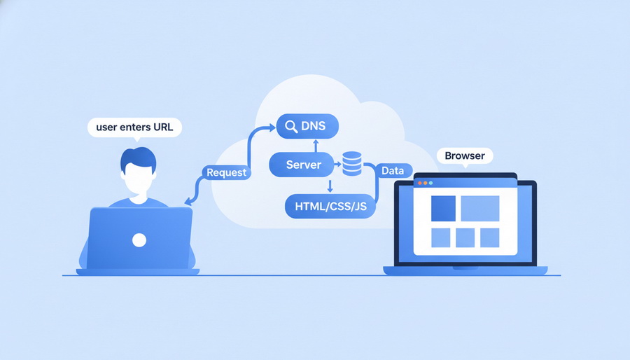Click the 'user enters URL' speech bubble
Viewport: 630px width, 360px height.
tap(134, 127)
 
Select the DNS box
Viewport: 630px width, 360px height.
tap(307, 127)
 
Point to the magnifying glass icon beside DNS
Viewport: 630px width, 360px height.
tap(289, 127)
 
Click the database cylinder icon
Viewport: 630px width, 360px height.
tap(351, 165)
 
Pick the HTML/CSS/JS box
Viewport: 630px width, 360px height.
tap(331, 206)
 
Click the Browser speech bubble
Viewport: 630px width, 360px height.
tap(464, 155)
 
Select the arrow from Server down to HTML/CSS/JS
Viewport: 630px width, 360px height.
tap(330, 186)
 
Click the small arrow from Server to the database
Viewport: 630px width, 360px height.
tap(337, 165)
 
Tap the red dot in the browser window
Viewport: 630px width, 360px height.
tap(419, 183)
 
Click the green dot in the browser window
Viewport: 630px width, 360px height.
tap(430, 183)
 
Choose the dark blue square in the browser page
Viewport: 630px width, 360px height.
tap(443, 208)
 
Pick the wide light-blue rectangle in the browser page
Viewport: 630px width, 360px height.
tap(479, 208)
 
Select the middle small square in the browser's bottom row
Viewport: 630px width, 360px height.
tap(465, 237)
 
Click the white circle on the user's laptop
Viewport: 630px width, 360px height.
tap(139, 240)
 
